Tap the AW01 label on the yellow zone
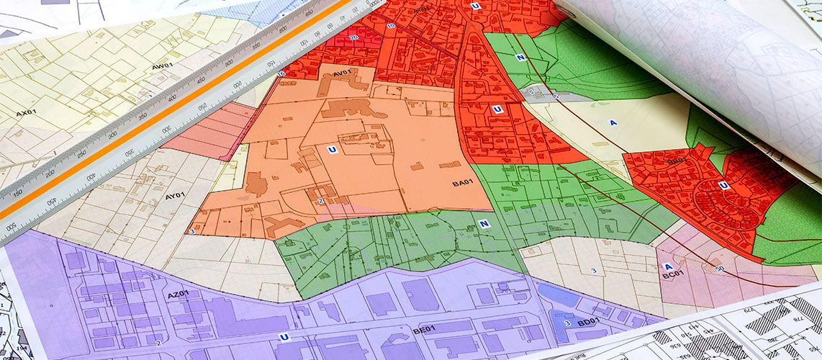pyautogui.click(x=163, y=66)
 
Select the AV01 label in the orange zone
pyautogui.click(x=340, y=73)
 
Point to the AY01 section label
pyautogui.click(x=175, y=195)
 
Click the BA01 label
pyautogui.click(x=461, y=183)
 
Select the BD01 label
pyautogui.click(x=587, y=322)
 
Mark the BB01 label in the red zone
pyautogui.click(x=677, y=162)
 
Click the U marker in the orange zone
pyautogui.click(x=331, y=150)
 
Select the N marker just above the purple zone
pyautogui.click(x=484, y=224)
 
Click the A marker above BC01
pyautogui.click(x=667, y=266)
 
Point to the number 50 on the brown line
pyautogui.click(x=720, y=269)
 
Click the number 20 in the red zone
pyautogui.click(x=353, y=37)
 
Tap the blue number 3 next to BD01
pyautogui.click(x=567, y=323)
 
